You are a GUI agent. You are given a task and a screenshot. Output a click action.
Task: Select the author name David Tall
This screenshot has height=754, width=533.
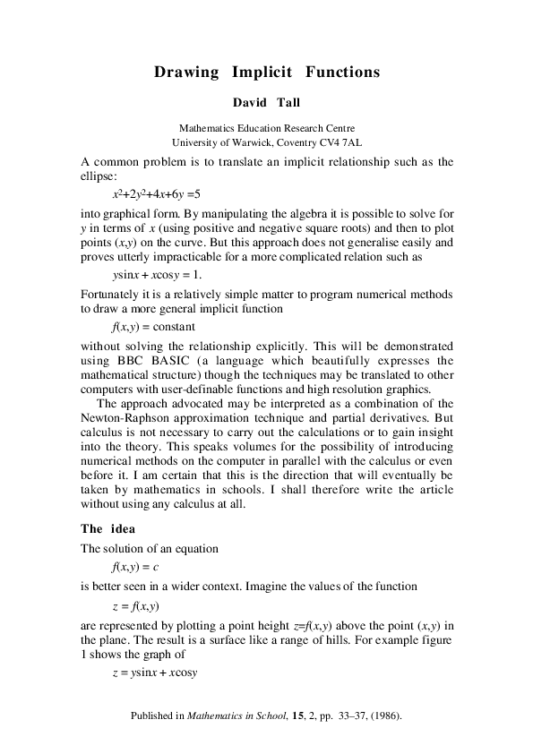click(x=266, y=103)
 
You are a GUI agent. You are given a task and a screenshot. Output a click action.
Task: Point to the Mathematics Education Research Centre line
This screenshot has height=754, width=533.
click(x=266, y=128)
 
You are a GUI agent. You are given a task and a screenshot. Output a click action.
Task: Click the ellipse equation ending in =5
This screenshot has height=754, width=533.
click(x=156, y=193)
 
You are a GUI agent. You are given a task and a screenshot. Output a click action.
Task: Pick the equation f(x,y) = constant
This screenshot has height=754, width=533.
click(x=153, y=327)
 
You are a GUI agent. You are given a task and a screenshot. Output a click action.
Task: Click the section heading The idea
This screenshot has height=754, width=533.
click(x=107, y=527)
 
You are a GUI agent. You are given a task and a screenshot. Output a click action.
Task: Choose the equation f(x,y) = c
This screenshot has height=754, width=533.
click(x=135, y=567)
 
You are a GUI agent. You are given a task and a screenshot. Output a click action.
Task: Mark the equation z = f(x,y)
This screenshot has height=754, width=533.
click(x=135, y=605)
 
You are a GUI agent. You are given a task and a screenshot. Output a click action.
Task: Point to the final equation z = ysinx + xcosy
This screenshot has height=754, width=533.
click(x=154, y=672)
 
